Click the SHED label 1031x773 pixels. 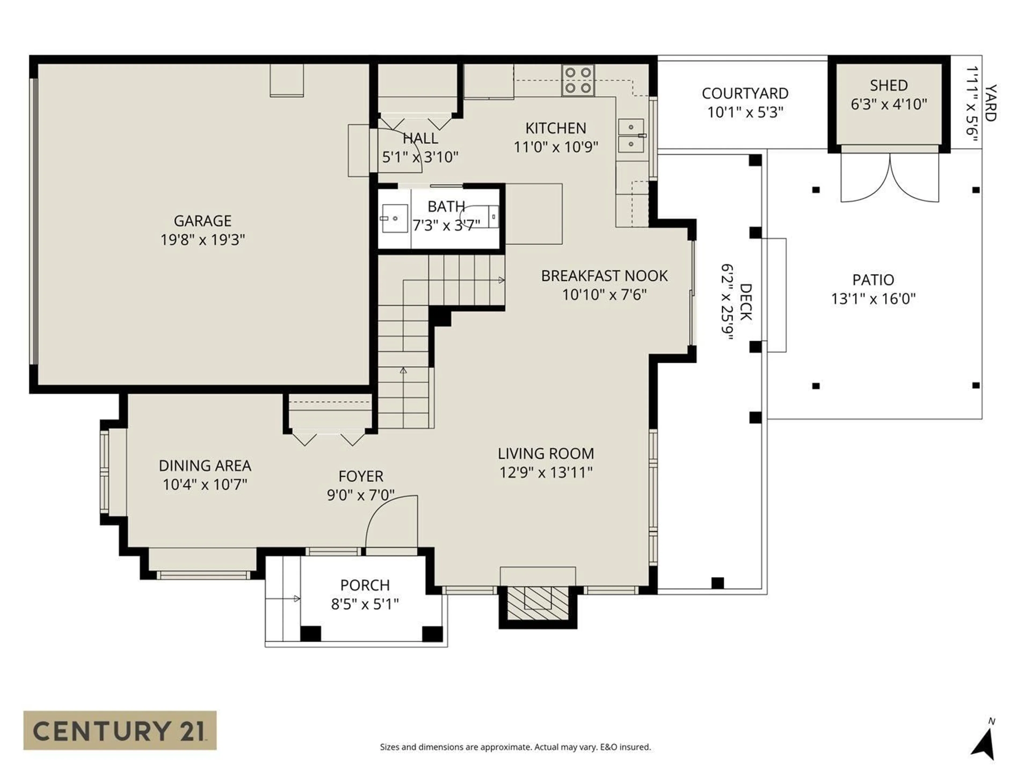point(888,85)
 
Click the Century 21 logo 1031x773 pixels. point(120,730)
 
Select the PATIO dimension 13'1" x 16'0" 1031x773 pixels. point(873,299)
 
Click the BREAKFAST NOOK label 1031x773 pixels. point(604,276)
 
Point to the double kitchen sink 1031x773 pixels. point(631,136)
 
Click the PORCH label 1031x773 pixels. point(365,585)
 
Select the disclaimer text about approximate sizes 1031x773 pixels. point(515,747)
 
